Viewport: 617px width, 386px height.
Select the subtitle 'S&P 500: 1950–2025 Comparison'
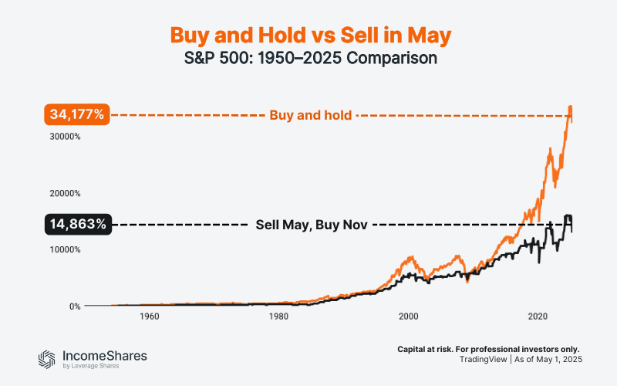(308, 59)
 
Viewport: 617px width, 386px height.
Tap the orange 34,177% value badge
(77, 115)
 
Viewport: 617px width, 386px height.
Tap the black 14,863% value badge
(77, 225)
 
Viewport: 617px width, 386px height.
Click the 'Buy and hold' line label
(311, 116)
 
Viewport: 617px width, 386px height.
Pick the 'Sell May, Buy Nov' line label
(311, 225)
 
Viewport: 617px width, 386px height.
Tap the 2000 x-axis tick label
(408, 317)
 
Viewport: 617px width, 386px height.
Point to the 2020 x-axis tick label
(538, 317)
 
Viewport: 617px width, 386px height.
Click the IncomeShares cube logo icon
(48, 358)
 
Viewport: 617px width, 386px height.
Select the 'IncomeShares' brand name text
(104, 355)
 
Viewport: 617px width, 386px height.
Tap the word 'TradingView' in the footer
(486, 361)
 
